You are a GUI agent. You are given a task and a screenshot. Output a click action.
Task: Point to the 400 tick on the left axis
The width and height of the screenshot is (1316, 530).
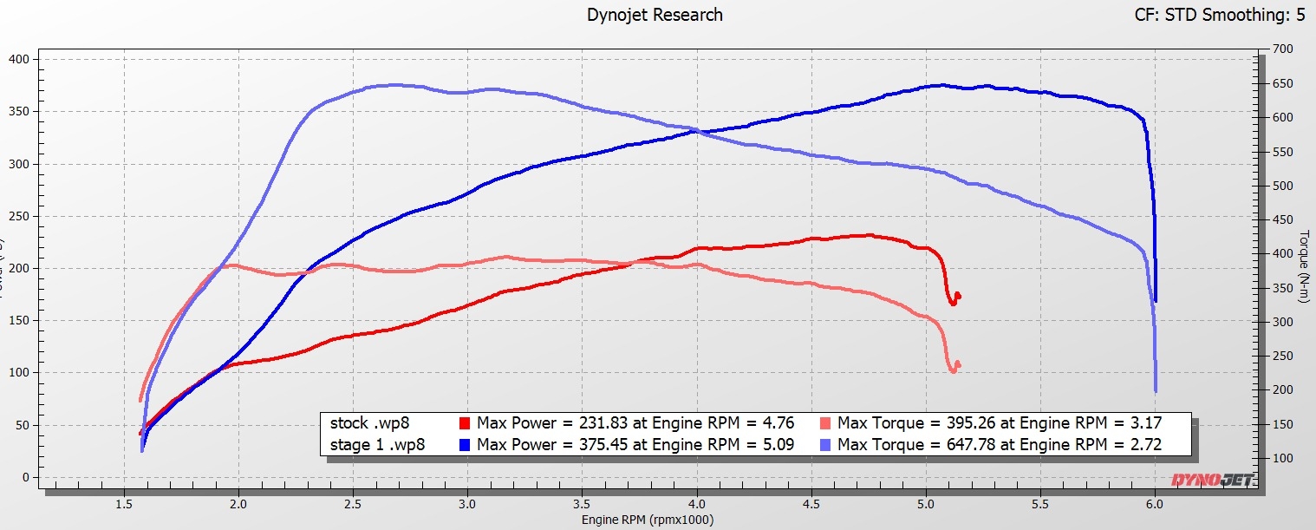pos(19,59)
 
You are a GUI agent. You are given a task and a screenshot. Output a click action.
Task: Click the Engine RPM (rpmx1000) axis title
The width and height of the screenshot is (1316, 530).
pos(648,520)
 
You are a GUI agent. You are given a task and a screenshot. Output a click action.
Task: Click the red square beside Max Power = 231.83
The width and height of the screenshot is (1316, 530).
pos(464,424)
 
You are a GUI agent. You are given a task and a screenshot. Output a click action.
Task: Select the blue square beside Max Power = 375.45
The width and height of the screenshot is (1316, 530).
pos(464,445)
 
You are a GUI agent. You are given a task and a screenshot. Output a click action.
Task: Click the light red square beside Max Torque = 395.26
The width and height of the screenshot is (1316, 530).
pos(825,424)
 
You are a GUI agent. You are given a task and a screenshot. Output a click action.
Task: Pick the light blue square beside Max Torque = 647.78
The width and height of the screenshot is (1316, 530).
pos(825,445)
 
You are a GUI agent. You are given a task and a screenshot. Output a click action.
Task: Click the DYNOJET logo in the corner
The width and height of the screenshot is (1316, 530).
pos(1211,480)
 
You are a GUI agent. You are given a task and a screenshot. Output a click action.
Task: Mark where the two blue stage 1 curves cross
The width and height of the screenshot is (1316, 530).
pos(699,131)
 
